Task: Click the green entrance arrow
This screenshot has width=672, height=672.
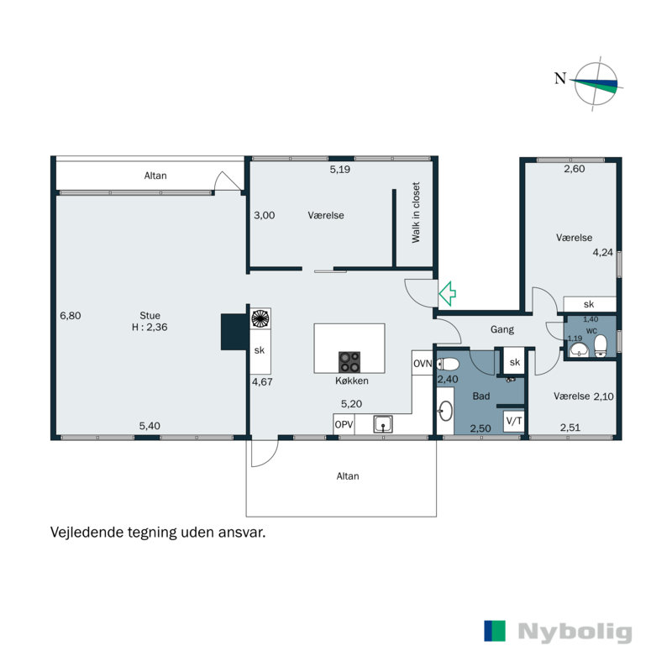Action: coord(447,293)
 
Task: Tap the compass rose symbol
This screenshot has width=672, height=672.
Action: coord(596,83)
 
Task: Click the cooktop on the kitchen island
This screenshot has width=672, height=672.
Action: coord(349,362)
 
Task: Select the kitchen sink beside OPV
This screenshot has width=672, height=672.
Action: coord(383,424)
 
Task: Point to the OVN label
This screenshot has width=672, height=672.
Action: coord(423,364)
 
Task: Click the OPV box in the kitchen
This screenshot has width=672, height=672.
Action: coord(344,424)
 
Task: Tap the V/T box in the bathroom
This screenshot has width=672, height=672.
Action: coord(514,421)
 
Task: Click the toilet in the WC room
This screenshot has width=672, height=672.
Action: coord(601,346)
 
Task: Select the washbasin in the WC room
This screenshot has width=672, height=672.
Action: coord(579,349)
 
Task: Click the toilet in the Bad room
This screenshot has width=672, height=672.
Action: coord(448,365)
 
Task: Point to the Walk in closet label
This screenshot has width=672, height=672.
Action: coord(416,213)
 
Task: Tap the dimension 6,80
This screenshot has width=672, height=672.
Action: coord(71,316)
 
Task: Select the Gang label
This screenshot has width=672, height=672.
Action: coord(501,329)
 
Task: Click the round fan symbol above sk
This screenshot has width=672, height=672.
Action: coord(260,318)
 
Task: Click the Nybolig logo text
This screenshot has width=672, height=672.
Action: coord(575,632)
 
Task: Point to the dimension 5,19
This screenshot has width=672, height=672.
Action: coord(340,170)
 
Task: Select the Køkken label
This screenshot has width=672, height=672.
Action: coord(352,381)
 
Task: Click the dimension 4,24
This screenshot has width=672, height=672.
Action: coord(602,253)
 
